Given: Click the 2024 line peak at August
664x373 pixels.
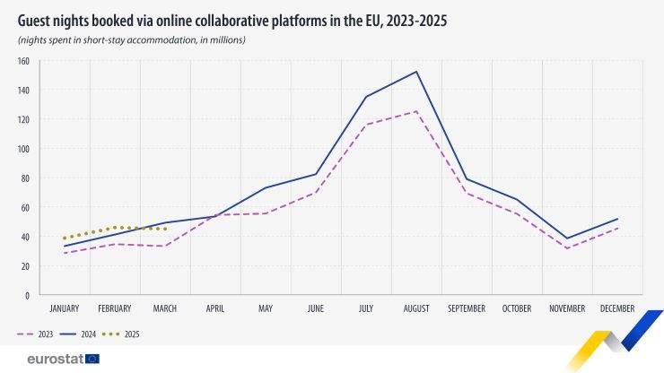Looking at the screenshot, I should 416,72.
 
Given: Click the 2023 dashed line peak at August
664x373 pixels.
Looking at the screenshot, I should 416,111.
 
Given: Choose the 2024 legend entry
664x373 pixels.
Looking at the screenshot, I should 80,334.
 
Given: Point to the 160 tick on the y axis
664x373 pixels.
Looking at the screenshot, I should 23,61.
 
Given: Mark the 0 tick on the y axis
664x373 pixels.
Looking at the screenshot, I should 28,295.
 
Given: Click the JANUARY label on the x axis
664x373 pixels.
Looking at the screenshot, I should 64,308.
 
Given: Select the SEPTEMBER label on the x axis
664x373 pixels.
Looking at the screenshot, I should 466,308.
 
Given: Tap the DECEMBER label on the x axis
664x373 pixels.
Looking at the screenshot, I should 617,308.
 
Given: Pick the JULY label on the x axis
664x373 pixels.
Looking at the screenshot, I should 366,308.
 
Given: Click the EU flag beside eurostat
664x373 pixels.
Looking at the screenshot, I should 92,359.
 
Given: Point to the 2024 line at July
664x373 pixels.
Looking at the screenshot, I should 366,97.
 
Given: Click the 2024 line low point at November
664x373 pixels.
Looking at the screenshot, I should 567,239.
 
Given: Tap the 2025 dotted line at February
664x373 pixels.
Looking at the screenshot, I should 114,228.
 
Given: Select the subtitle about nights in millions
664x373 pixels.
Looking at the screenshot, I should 131,40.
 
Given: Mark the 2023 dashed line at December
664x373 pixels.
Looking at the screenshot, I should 617,228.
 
